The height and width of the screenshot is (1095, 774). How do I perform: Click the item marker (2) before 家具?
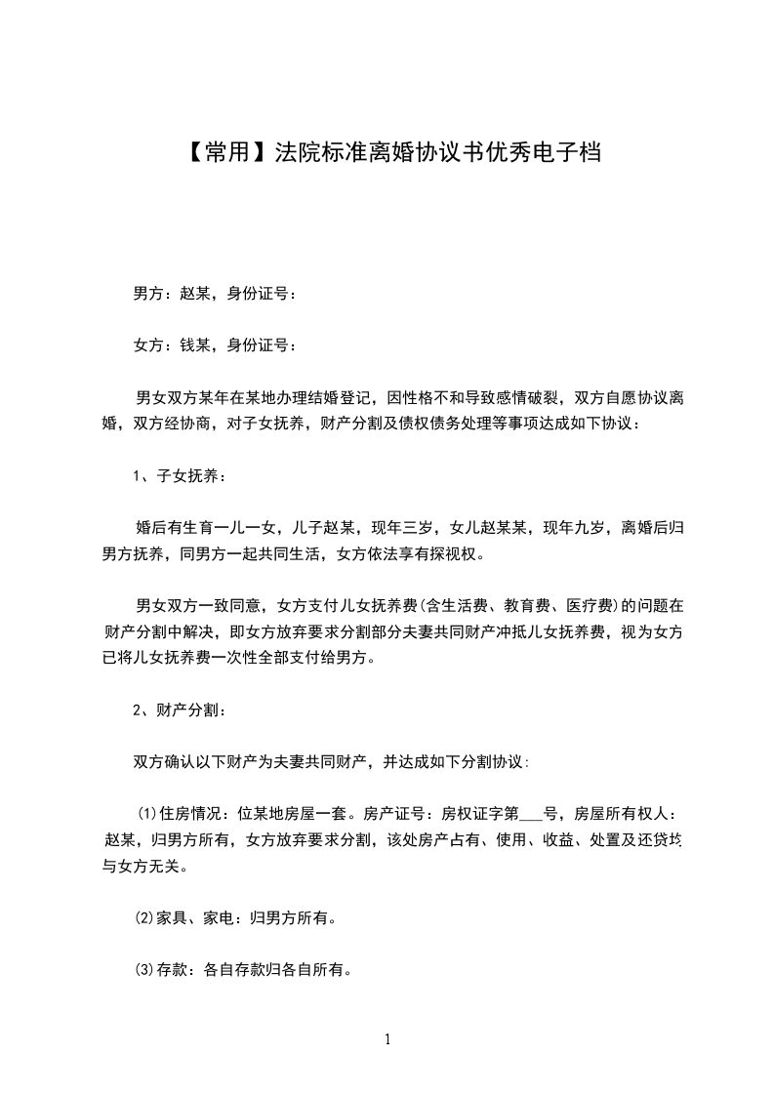click(x=143, y=918)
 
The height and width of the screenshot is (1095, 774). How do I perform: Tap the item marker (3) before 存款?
click(x=143, y=970)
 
